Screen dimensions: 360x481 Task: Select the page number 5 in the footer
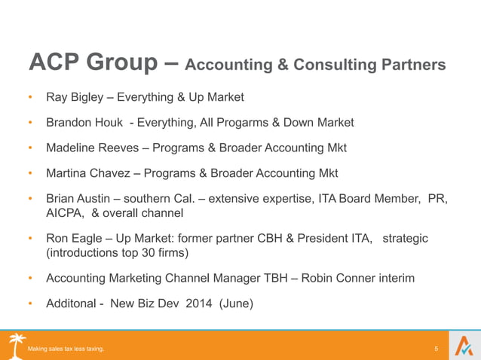437,349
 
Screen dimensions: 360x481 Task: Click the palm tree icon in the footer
17,343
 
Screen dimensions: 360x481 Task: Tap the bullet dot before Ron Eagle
30,239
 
